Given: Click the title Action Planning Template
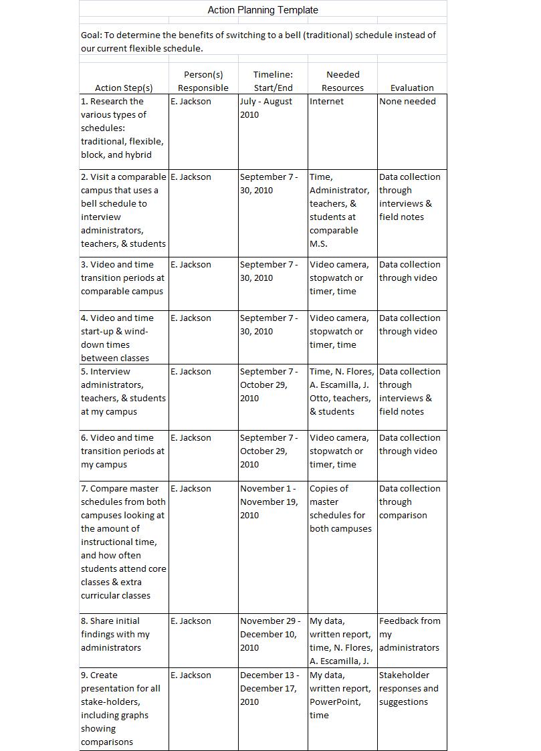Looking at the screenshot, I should pos(263,10).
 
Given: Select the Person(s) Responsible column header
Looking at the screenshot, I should pos(203,81).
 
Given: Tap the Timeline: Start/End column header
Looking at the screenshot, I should pos(273,81).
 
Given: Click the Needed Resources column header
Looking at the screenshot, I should pos(342,81).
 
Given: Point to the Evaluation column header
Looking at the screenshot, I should pos(412,88).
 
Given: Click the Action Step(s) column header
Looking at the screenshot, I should pos(124,88).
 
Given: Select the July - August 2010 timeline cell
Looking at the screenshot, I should pos(266,108).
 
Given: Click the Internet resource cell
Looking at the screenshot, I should pos(326,102).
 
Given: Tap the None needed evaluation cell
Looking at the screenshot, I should pos(407,102).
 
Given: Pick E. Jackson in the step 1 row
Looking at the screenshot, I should pos(191,102).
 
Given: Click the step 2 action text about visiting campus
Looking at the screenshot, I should pos(124,210).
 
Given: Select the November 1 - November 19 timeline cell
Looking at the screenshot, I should pos(269,502).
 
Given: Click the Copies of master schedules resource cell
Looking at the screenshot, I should pos(340,508).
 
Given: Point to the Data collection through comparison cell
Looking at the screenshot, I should pos(409,502).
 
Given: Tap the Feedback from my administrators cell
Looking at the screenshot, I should pos(409,634).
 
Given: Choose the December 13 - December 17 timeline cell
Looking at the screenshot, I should pos(269,688).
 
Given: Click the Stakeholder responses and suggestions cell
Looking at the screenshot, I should pos(409,688).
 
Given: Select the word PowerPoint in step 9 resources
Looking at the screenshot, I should pos(335,702).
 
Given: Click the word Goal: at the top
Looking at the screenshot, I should pos(92,35).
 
